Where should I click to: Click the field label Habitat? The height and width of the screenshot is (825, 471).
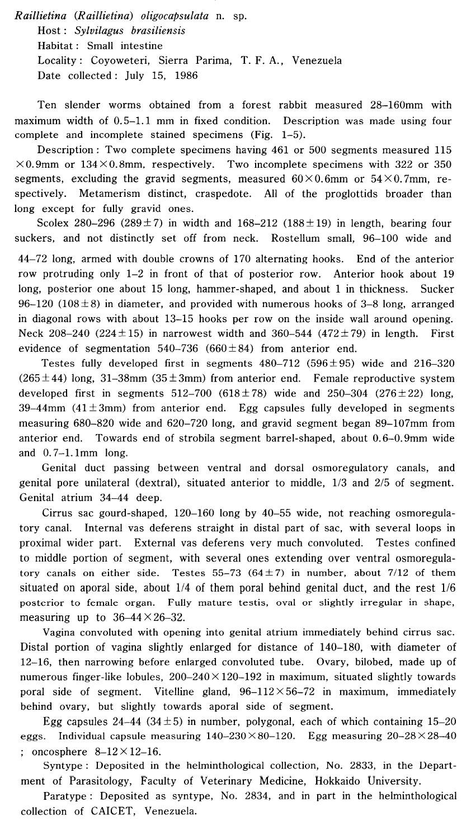click(x=57, y=46)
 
